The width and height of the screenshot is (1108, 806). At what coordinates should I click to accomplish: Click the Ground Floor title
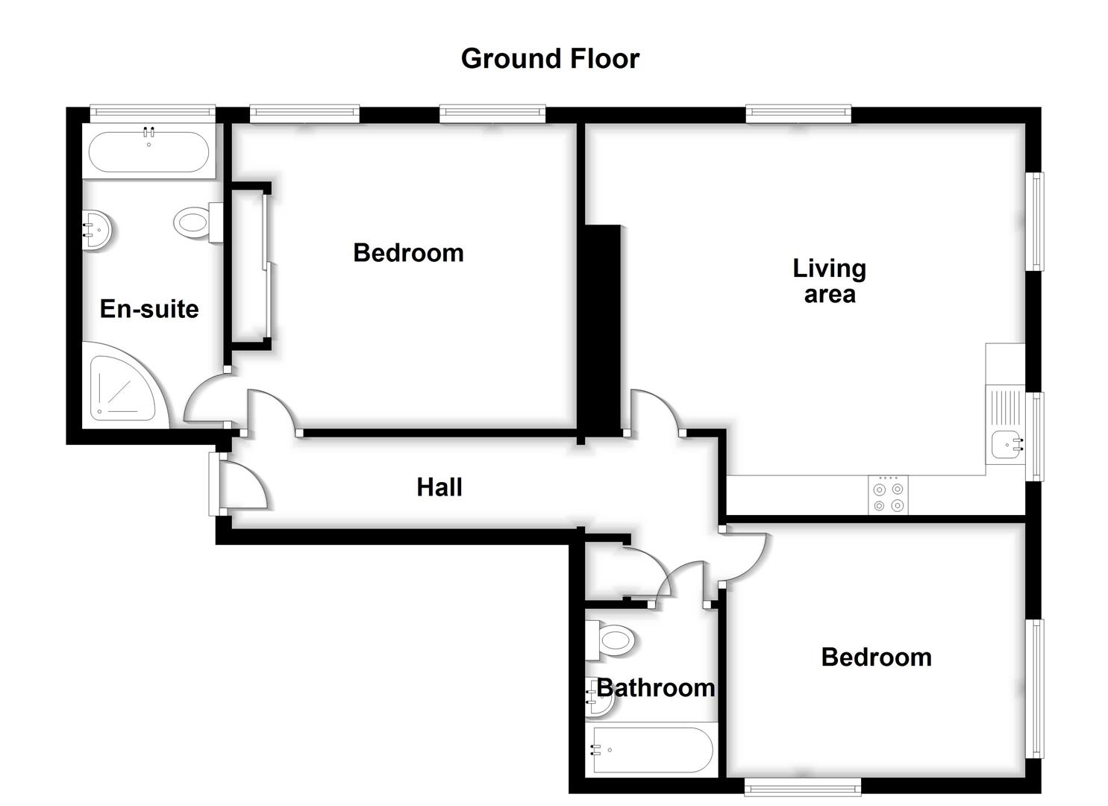click(x=550, y=59)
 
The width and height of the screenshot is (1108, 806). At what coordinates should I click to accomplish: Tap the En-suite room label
click(x=149, y=309)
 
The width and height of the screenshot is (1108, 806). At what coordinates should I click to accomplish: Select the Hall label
click(x=439, y=487)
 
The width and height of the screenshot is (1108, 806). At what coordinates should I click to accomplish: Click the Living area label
click(x=829, y=281)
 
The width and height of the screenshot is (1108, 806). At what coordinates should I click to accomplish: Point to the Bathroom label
click(x=656, y=687)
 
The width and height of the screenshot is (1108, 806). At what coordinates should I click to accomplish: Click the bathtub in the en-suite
click(x=148, y=152)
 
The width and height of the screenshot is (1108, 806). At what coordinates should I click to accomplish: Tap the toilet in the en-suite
click(x=196, y=223)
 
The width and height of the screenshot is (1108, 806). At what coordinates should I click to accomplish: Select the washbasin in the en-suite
click(x=98, y=229)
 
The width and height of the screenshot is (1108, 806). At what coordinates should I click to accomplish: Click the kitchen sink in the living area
click(x=1007, y=445)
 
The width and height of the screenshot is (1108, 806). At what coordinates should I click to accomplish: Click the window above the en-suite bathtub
click(x=152, y=113)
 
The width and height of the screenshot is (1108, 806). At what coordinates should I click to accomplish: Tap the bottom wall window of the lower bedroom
click(x=802, y=786)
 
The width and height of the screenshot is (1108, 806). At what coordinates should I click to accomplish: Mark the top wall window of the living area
click(x=798, y=113)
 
